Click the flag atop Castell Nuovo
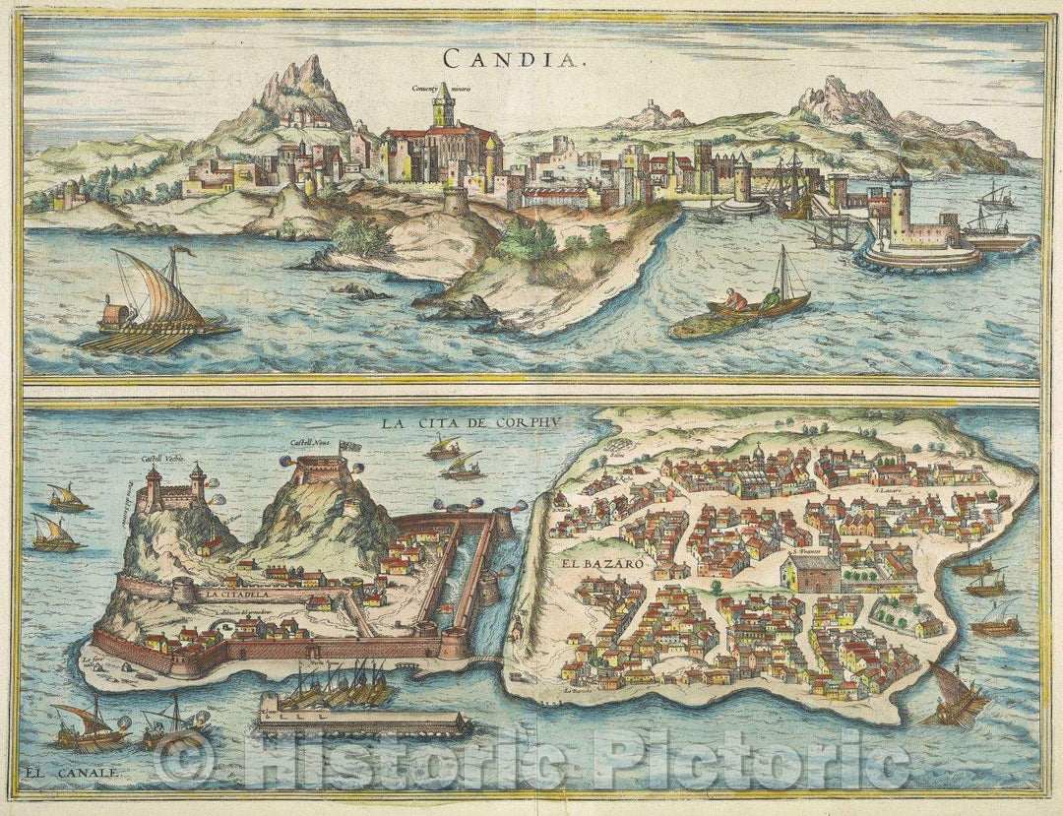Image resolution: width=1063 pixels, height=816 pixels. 347,449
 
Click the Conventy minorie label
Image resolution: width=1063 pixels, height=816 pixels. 441,88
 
